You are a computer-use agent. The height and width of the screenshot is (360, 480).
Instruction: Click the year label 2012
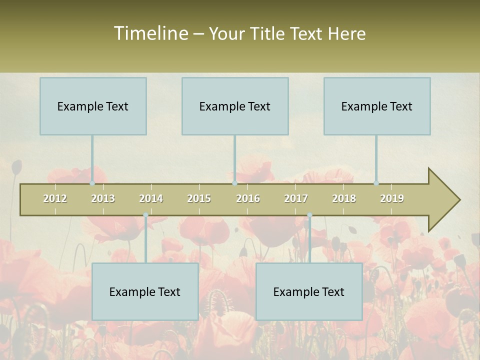coord(55,198)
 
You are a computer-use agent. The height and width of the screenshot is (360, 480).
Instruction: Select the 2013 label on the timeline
coord(103,198)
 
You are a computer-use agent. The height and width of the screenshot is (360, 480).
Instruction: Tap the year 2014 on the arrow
coord(151,198)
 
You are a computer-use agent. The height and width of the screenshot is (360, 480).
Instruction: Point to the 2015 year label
coord(199,198)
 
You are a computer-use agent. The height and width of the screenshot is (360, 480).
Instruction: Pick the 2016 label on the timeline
coord(248,198)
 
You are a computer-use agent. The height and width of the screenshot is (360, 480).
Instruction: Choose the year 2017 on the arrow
coord(296,198)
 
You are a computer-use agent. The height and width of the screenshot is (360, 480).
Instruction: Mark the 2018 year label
coord(344,198)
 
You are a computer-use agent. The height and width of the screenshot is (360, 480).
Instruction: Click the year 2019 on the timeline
coord(392,198)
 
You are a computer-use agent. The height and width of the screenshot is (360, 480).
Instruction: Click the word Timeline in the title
coord(150,33)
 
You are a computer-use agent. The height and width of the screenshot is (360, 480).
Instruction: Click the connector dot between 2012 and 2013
coord(92,183)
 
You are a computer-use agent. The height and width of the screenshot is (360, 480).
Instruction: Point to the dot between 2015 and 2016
coord(234,183)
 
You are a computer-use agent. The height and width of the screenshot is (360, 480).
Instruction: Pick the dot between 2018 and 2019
coord(376,183)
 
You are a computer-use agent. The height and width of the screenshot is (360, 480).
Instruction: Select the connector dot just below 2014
coord(145,215)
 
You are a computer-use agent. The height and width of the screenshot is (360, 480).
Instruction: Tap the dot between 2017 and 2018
coord(309,215)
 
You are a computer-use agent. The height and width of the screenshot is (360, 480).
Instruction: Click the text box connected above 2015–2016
coord(235,106)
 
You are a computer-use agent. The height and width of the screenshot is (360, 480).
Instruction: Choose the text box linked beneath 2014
coord(145,291)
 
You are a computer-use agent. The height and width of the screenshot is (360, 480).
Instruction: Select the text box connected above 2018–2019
coord(377,106)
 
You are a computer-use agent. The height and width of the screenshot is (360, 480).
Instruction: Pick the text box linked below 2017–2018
coord(309,291)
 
